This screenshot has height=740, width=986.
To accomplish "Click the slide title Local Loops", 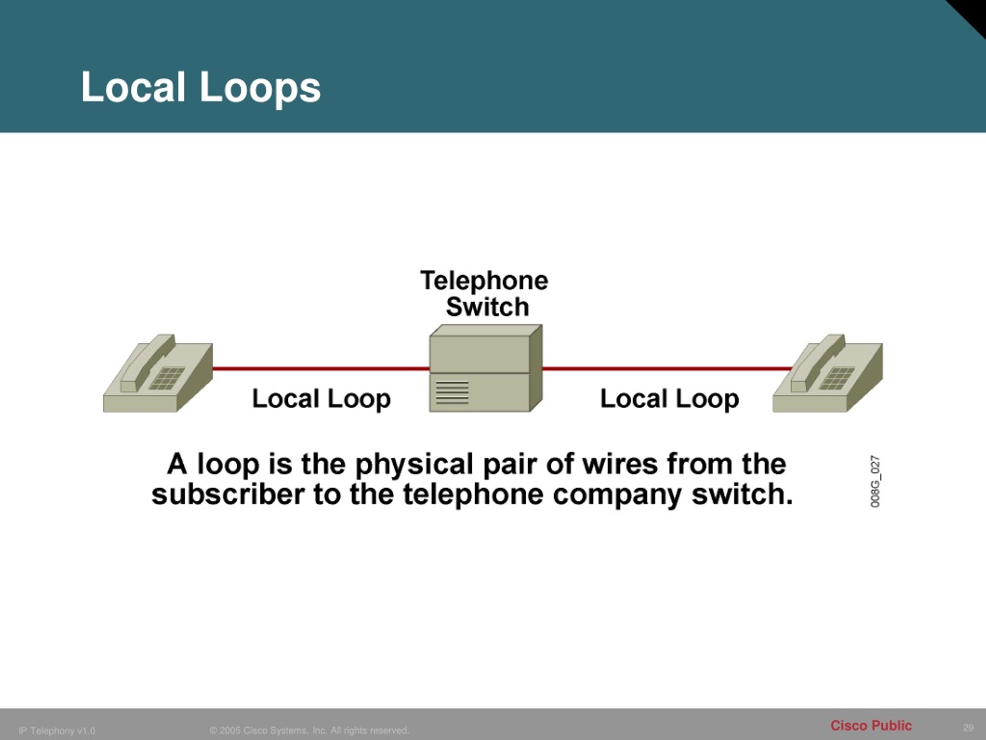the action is pyautogui.click(x=201, y=87).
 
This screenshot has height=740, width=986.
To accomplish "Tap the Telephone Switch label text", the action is pyautogui.click(x=485, y=294).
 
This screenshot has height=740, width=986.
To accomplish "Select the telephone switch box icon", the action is pyautogui.click(x=485, y=368).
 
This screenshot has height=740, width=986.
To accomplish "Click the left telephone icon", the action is pyautogui.click(x=158, y=374).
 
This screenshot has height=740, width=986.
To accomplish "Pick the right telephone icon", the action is pyautogui.click(x=828, y=374).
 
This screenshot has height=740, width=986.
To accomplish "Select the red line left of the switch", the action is pyautogui.click(x=321, y=369).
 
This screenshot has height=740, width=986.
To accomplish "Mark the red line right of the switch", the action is pyautogui.click(x=666, y=369).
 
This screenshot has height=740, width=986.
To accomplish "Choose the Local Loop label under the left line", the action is pyautogui.click(x=321, y=398).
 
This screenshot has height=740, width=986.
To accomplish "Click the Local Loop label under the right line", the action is pyautogui.click(x=669, y=398).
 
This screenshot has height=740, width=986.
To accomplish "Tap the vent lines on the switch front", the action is pyautogui.click(x=452, y=392).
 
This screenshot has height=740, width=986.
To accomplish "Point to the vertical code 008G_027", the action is pyautogui.click(x=875, y=481).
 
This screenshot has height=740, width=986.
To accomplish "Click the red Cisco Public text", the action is pyautogui.click(x=871, y=726).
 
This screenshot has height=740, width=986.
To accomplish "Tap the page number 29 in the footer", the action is pyautogui.click(x=968, y=728).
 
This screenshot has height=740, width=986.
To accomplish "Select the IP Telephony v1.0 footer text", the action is pyautogui.click(x=57, y=731).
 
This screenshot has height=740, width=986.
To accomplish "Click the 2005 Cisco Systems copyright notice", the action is pyautogui.click(x=309, y=730).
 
